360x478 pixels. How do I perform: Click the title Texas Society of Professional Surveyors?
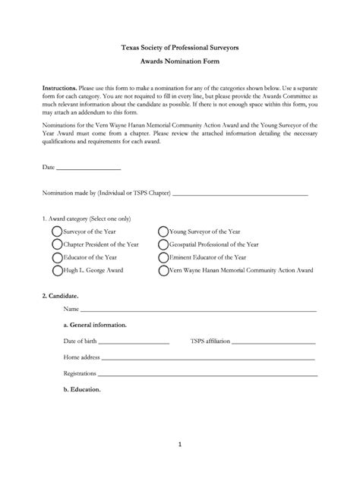180,47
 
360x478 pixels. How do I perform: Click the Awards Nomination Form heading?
180,61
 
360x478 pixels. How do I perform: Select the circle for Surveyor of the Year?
57,231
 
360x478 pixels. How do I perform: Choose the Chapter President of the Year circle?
57,244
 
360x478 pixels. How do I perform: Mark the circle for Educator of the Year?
57,257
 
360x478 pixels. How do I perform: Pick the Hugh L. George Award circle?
57,270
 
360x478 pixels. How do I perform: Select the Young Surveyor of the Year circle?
163,231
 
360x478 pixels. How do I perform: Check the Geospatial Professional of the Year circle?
163,244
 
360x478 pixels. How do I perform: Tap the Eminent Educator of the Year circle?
163,257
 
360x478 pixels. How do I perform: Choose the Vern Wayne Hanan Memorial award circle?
163,270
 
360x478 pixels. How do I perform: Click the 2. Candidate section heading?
60,294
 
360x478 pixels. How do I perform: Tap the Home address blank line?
208,357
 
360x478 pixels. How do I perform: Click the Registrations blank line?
207,374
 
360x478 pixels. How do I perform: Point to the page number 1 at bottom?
180,445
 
